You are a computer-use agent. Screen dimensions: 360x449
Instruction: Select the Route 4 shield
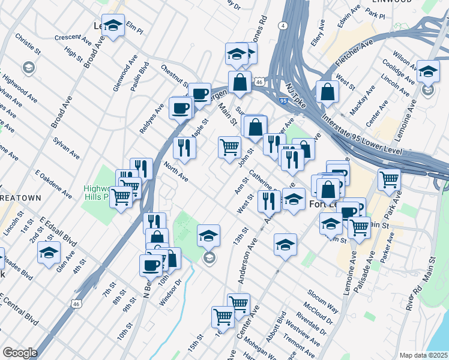[282, 26]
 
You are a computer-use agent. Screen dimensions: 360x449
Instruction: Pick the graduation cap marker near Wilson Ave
[429, 71]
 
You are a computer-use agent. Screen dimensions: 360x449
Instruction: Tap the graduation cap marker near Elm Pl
[113, 25]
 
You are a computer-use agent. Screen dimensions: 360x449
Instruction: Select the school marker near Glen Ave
[49, 252]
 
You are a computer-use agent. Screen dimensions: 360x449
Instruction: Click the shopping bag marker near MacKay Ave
[327, 92]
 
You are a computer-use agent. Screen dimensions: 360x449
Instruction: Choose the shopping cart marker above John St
[230, 146]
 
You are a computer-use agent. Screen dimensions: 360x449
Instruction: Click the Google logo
[19, 353]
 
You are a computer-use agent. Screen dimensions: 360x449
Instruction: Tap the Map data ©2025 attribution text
[423, 355]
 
